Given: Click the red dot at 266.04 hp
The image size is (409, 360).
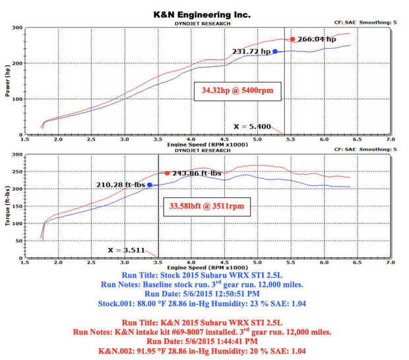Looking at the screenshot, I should click(293, 40).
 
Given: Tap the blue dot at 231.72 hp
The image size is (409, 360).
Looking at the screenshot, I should click(274, 51).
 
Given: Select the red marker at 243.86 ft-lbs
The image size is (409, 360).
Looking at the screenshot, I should click(167, 173).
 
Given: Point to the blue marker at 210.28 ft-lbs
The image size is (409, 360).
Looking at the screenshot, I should click(150, 185).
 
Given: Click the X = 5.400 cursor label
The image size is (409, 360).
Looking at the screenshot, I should click(251, 126).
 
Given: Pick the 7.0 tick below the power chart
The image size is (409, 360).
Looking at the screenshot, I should click(390, 140).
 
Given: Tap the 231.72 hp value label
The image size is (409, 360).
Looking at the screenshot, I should click(251, 51).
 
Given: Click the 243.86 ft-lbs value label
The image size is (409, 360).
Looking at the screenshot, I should click(197, 173).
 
